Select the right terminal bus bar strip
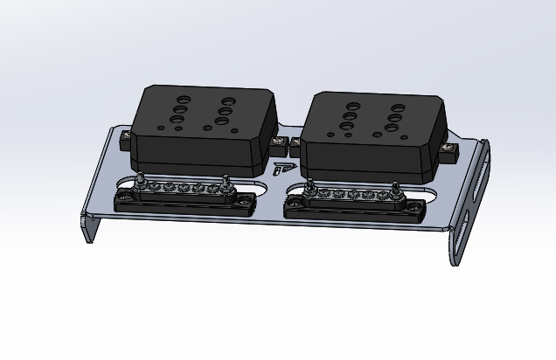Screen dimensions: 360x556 point(354,203)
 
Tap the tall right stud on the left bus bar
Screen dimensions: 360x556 point(226,183)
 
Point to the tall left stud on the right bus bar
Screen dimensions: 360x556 point(310,185)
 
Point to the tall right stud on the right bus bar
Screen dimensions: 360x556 point(395,188)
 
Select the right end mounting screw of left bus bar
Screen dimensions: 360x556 point(245,202)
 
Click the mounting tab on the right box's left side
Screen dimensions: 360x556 point(296,142)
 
